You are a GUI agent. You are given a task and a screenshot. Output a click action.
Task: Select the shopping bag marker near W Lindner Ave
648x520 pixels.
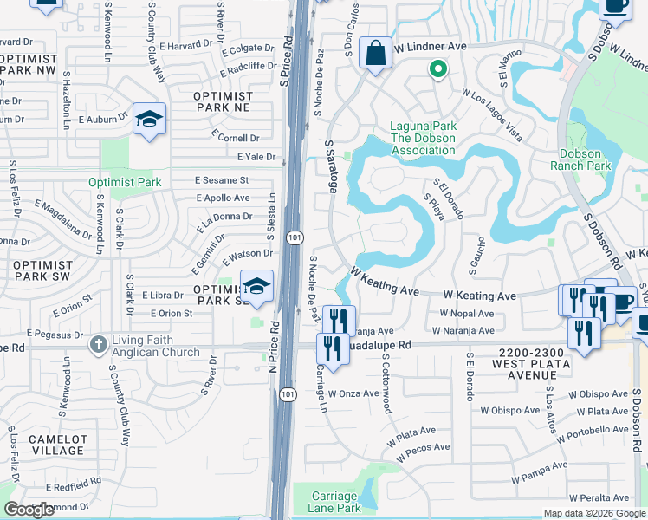pyautogui.click(x=375, y=55)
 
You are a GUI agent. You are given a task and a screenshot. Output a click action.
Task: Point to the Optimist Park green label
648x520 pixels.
pyautogui.click(x=124, y=182)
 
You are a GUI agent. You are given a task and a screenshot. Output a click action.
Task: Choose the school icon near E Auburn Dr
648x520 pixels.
pyautogui.click(x=150, y=120)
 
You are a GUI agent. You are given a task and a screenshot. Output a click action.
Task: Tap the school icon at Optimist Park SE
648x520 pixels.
pyautogui.click(x=256, y=287)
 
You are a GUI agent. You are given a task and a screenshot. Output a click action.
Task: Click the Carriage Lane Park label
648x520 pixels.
pyautogui.click(x=335, y=502)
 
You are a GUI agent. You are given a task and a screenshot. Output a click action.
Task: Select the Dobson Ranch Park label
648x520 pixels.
pyautogui.click(x=580, y=159)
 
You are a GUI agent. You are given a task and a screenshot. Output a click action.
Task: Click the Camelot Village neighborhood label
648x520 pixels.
pyautogui.click(x=58, y=445)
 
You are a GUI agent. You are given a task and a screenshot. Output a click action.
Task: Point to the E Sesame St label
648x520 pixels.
pyautogui.click(x=221, y=180)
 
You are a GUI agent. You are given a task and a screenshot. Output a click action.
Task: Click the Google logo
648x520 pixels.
pyautogui.click(x=29, y=510)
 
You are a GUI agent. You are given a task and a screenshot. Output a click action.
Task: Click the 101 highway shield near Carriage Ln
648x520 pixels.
pyautogui.click(x=286, y=395)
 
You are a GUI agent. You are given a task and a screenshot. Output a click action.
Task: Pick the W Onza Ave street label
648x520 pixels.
pyautogui.click(x=353, y=393)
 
